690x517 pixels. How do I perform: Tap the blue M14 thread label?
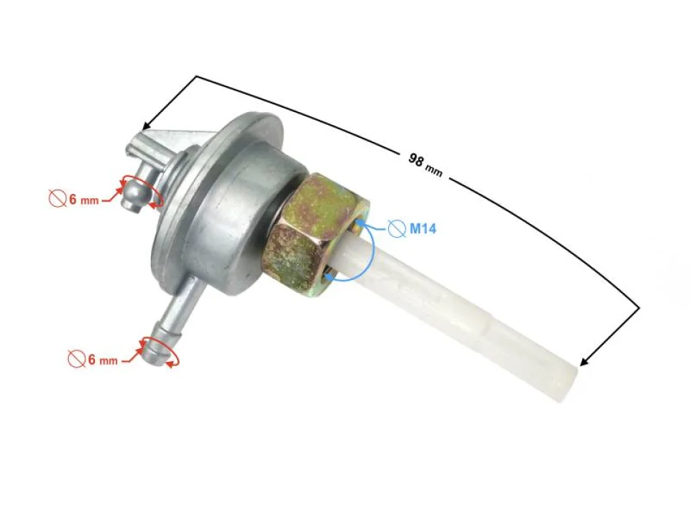[423, 230]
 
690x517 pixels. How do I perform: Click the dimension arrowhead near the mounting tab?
[147, 125]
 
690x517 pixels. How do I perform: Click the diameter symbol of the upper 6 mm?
[58, 200]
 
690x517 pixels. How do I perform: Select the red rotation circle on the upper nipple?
[141, 190]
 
